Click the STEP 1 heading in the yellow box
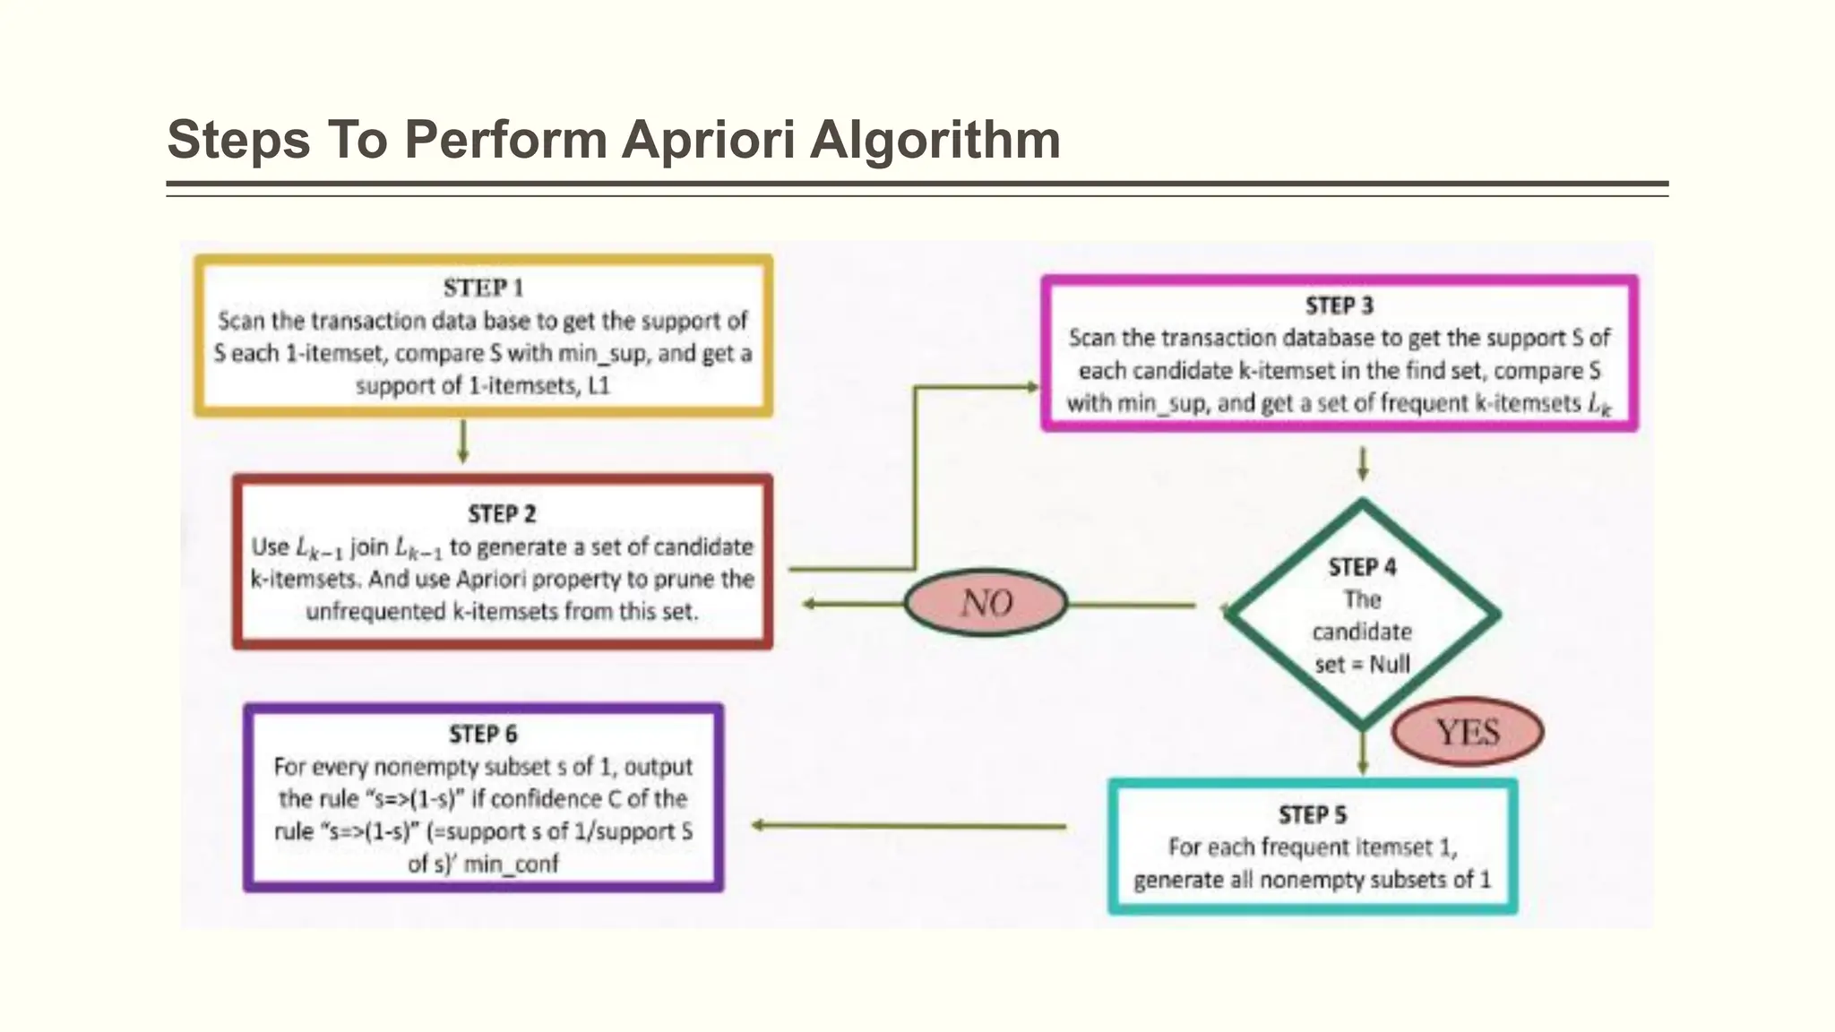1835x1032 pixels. tap(483, 288)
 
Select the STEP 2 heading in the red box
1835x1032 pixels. tap(502, 514)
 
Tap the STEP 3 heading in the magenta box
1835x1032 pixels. tap(1339, 306)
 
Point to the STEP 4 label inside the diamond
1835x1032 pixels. tap(1362, 568)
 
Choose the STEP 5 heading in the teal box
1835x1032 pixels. tap(1312, 815)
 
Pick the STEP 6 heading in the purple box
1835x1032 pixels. tap(483, 735)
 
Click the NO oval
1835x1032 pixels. tap(986, 603)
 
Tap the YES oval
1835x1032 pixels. tap(1467, 733)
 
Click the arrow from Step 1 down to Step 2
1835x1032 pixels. tap(463, 442)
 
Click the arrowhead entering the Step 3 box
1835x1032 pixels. tap(1031, 387)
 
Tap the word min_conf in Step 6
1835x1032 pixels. tap(511, 864)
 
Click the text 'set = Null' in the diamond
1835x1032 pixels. tap(1362, 665)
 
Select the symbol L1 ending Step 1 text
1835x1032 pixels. tap(598, 386)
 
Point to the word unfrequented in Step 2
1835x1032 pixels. tap(375, 612)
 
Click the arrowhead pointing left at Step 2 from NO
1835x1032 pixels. tap(809, 604)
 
